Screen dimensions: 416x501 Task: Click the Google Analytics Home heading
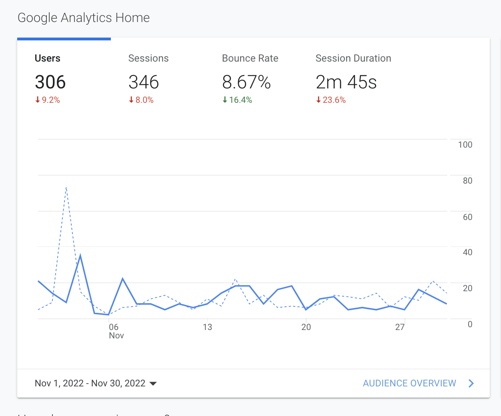point(84,18)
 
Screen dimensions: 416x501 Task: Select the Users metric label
point(48,58)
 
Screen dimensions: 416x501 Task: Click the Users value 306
point(50,82)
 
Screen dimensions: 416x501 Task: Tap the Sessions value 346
point(144,82)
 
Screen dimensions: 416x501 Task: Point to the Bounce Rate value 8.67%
point(246,82)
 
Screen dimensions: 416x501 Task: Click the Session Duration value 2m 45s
point(346,82)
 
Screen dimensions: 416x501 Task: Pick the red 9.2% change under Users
point(48,100)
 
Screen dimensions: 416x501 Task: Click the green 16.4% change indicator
point(238,100)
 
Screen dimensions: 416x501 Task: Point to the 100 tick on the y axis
point(465,145)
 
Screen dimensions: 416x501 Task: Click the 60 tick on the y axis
point(467,217)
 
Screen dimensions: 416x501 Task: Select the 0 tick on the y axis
point(470,324)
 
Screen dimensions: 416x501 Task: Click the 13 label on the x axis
point(207,327)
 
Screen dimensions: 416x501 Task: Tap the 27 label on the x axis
point(400,327)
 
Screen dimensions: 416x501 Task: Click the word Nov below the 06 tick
point(116,336)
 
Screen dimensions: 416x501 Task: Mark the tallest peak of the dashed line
point(66,187)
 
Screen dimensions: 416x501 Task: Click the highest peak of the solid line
point(80,255)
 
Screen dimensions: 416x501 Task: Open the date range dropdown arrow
point(153,384)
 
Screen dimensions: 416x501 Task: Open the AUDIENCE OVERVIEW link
point(409,383)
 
